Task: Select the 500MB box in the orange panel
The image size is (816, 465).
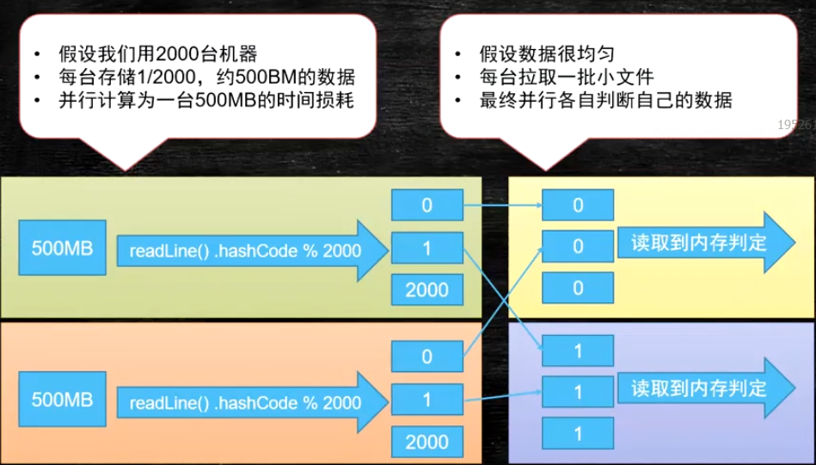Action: pyautogui.click(x=63, y=400)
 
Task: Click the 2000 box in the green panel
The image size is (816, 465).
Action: pyautogui.click(x=427, y=290)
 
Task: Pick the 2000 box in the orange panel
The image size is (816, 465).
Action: pyautogui.click(x=427, y=442)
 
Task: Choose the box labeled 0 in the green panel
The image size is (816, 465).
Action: pyautogui.click(x=427, y=205)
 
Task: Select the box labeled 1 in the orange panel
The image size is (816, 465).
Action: pyautogui.click(x=427, y=400)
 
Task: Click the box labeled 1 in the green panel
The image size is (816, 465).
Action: pyautogui.click(x=427, y=248)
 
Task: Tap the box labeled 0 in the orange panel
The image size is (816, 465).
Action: pyautogui.click(x=427, y=356)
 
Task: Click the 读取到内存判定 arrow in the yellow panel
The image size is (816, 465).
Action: pyautogui.click(x=702, y=243)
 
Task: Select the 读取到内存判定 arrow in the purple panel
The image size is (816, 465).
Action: pyautogui.click(x=702, y=388)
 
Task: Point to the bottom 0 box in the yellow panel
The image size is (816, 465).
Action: pyautogui.click(x=578, y=288)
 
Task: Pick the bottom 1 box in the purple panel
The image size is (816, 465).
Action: pyautogui.click(x=578, y=431)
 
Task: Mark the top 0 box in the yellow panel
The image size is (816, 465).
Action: pyautogui.click(x=578, y=205)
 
